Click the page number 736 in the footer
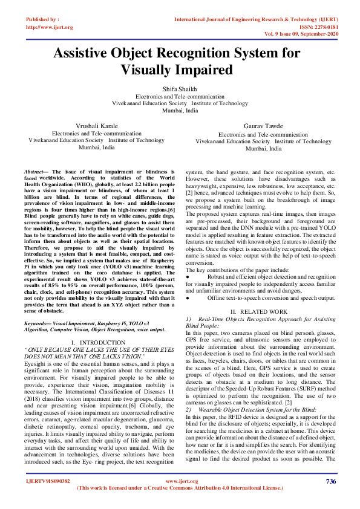pos(330,481)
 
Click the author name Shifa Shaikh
pos(180,88)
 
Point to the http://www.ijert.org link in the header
pos(50,27)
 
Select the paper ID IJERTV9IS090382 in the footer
pos(48,481)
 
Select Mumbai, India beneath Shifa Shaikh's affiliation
pos(180,111)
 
